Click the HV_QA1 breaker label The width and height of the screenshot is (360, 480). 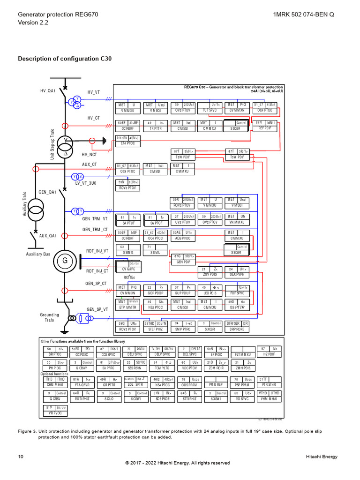pyautogui.click(x=48, y=90)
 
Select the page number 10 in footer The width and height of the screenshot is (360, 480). pyautogui.click(x=21, y=457)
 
